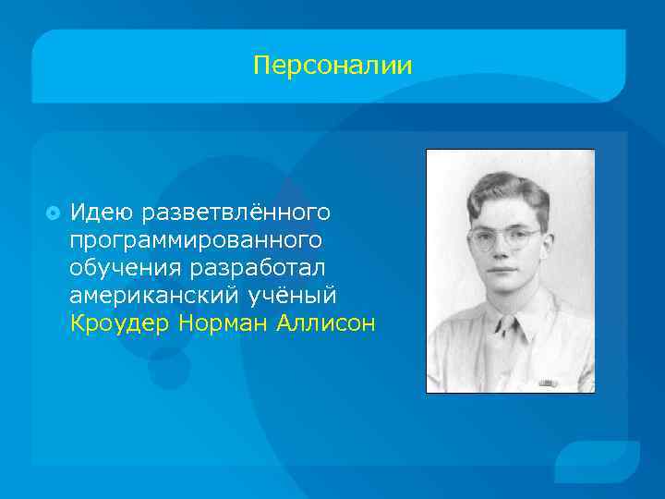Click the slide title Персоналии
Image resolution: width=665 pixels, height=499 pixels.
coord(332,67)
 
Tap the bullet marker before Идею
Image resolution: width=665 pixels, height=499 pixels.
coord(52,213)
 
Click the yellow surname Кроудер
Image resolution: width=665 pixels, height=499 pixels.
coord(120,323)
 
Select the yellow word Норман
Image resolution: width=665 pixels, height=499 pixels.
coord(224,323)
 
